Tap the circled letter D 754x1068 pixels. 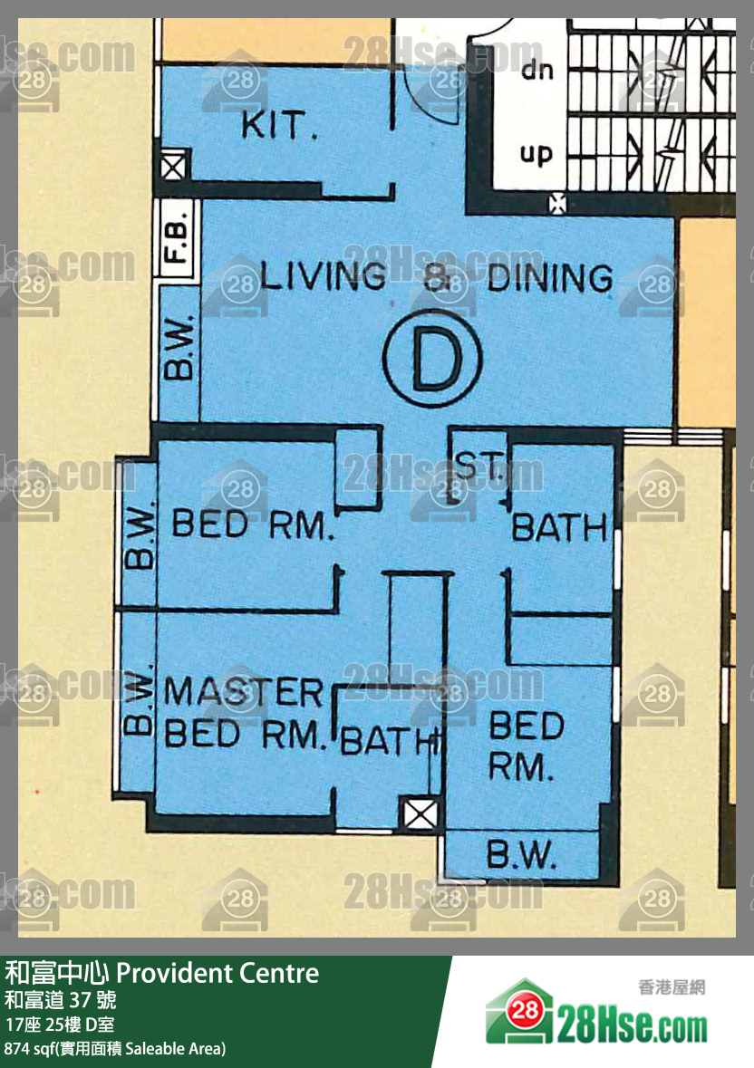[432, 358]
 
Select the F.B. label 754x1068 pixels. [177, 236]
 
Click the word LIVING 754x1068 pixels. [323, 276]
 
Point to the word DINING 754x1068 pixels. [550, 278]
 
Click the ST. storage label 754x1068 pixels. [479, 466]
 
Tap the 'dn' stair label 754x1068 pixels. [537, 70]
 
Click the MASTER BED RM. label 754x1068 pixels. [244, 713]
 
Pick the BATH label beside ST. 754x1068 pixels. [559, 528]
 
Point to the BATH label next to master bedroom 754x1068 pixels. [390, 741]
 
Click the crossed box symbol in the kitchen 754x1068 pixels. [173, 167]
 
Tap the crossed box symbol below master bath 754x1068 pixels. [420, 814]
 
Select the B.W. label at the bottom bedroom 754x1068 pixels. [522, 854]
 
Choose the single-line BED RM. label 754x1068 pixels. [253, 524]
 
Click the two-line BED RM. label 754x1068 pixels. [527, 746]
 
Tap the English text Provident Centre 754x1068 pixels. [218, 973]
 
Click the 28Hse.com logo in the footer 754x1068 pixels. [596, 1013]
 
